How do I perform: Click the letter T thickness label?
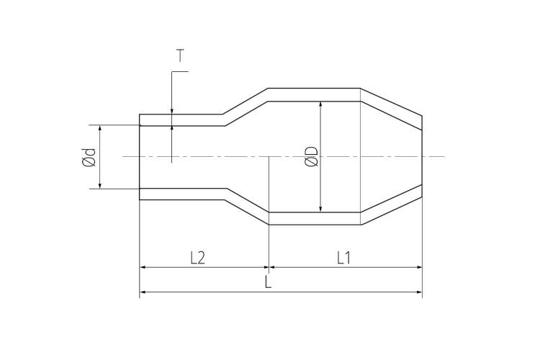[180, 55]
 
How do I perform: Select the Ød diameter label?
[89, 157]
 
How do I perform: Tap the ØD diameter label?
[311, 156]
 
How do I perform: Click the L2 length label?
[198, 258]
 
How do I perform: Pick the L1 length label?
[343, 258]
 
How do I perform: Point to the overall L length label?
[268, 282]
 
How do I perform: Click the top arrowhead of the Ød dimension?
[100, 128]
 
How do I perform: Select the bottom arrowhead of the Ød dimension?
[100, 186]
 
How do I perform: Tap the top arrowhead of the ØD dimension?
[320, 104]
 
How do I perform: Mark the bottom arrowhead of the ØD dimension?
[320, 209]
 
